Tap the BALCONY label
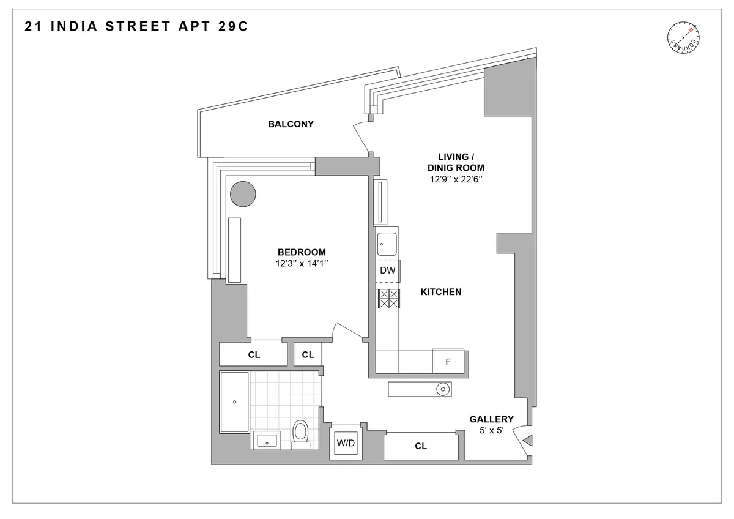[x=291, y=124]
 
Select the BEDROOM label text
[x=302, y=252]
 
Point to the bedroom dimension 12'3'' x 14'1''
[x=302, y=264]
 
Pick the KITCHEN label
[x=440, y=292]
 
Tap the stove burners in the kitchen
[x=387, y=298]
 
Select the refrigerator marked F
[x=448, y=361]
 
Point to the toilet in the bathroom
[x=300, y=432]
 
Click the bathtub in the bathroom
[x=234, y=401]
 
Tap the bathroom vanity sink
[x=265, y=440]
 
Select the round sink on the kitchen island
[x=442, y=388]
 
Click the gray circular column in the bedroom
[x=243, y=195]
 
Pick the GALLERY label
[x=491, y=419]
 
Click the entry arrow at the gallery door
[x=529, y=439]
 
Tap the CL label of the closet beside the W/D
[x=420, y=446]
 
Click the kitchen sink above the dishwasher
[x=387, y=244]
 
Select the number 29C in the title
[x=229, y=26]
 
